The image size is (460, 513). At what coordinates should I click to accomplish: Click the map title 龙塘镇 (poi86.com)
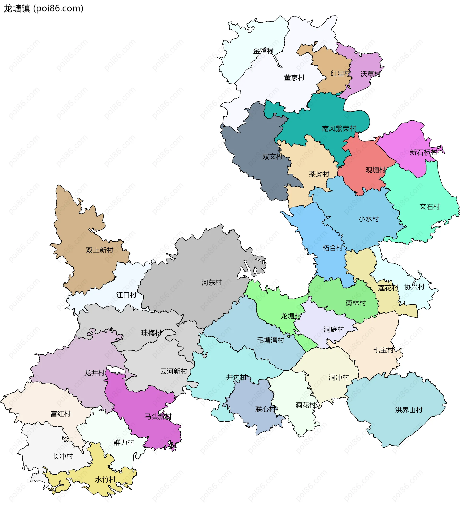(43, 9)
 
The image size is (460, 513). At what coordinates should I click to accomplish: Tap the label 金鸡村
(263, 51)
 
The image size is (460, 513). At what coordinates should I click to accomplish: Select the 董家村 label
(294, 78)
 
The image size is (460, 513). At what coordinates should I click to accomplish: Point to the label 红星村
(341, 73)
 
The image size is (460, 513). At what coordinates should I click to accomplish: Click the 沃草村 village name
(370, 74)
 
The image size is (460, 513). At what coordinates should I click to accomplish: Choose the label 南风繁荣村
(339, 129)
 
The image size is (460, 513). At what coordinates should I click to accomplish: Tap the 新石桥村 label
(423, 152)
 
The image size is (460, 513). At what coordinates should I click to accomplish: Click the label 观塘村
(376, 170)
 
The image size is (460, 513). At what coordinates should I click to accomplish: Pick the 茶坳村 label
(319, 174)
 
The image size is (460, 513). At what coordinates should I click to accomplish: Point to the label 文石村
(430, 207)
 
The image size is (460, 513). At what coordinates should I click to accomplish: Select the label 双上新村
(100, 250)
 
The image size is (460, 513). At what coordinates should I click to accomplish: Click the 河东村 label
(212, 283)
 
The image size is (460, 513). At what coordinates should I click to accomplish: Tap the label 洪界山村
(409, 410)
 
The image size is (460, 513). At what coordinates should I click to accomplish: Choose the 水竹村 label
(105, 480)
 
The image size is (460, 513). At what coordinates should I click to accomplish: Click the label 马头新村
(158, 417)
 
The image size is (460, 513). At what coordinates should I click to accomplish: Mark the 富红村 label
(61, 414)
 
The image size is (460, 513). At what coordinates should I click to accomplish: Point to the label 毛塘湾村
(270, 340)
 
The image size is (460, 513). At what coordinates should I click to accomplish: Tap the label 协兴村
(414, 287)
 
